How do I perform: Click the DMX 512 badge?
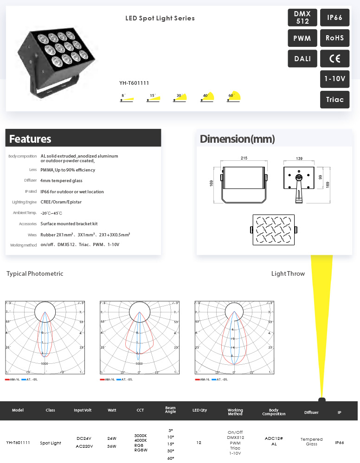pyautogui.click(x=302, y=18)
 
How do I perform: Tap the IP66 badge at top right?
pyautogui.click(x=334, y=18)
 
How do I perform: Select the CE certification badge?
pyautogui.click(x=334, y=58)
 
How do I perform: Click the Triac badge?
pyautogui.click(x=334, y=100)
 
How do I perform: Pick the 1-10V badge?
pyautogui.click(x=334, y=79)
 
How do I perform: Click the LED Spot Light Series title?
pyautogui.click(x=160, y=19)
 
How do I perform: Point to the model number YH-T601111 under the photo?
pyautogui.click(x=134, y=83)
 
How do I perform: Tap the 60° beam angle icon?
pyautogui.click(x=234, y=97)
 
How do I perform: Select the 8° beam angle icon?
pyautogui.click(x=127, y=98)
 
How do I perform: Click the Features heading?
pyautogui.click(x=30, y=139)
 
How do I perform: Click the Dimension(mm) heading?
pyautogui.click(x=237, y=139)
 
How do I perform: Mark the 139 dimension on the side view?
pyautogui.click(x=299, y=159)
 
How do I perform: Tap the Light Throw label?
pyautogui.click(x=288, y=273)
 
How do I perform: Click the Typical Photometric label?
pyautogui.click(x=35, y=273)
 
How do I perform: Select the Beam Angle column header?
pyautogui.click(x=170, y=410)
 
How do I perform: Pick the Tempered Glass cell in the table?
pyautogui.click(x=311, y=442)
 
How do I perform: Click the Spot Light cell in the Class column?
pyautogui.click(x=51, y=443)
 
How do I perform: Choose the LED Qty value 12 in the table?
pyautogui.click(x=199, y=443)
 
